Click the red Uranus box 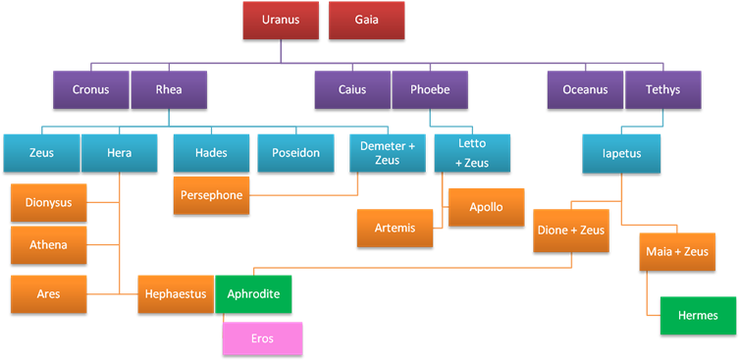coord(282,20)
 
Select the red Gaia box coord(366,20)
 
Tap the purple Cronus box coord(90,90)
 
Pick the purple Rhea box coord(169,90)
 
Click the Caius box coord(352,90)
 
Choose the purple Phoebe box coord(430,90)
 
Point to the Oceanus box coord(585,90)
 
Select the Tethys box coord(662,90)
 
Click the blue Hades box coord(211,153)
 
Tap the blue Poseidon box coord(295,153)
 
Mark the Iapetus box coord(620,153)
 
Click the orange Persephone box coord(211,194)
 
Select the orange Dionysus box coord(48,203)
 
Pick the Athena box coord(48,244)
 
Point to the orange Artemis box coord(396,228)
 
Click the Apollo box coord(486,207)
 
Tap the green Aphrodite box coord(253,293)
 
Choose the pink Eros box coord(263,337)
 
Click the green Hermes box coord(698,315)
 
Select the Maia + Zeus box coord(676,252)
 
